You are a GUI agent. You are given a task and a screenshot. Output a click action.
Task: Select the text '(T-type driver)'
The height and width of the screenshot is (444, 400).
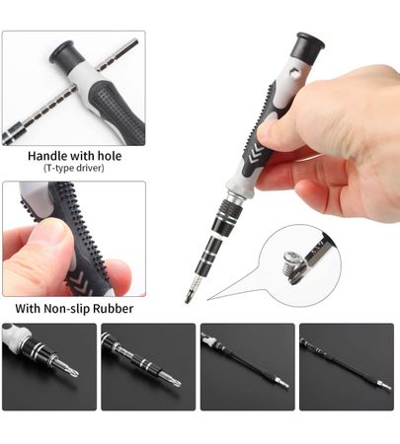pyautogui.click(x=74, y=168)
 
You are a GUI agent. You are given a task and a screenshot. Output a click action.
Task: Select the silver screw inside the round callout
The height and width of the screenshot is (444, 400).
pyautogui.click(x=292, y=264)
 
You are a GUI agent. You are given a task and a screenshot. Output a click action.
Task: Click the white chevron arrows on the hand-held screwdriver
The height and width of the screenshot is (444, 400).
pyautogui.click(x=256, y=154)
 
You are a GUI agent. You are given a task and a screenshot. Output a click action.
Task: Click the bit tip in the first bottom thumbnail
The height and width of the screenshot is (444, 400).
pyautogui.click(x=73, y=372)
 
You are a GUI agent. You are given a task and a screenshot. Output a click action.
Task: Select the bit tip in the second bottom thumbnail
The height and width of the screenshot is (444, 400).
pyautogui.click(x=175, y=382)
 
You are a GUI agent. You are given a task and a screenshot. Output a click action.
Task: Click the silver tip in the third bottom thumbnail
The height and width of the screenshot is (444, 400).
pyautogui.click(x=283, y=384)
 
